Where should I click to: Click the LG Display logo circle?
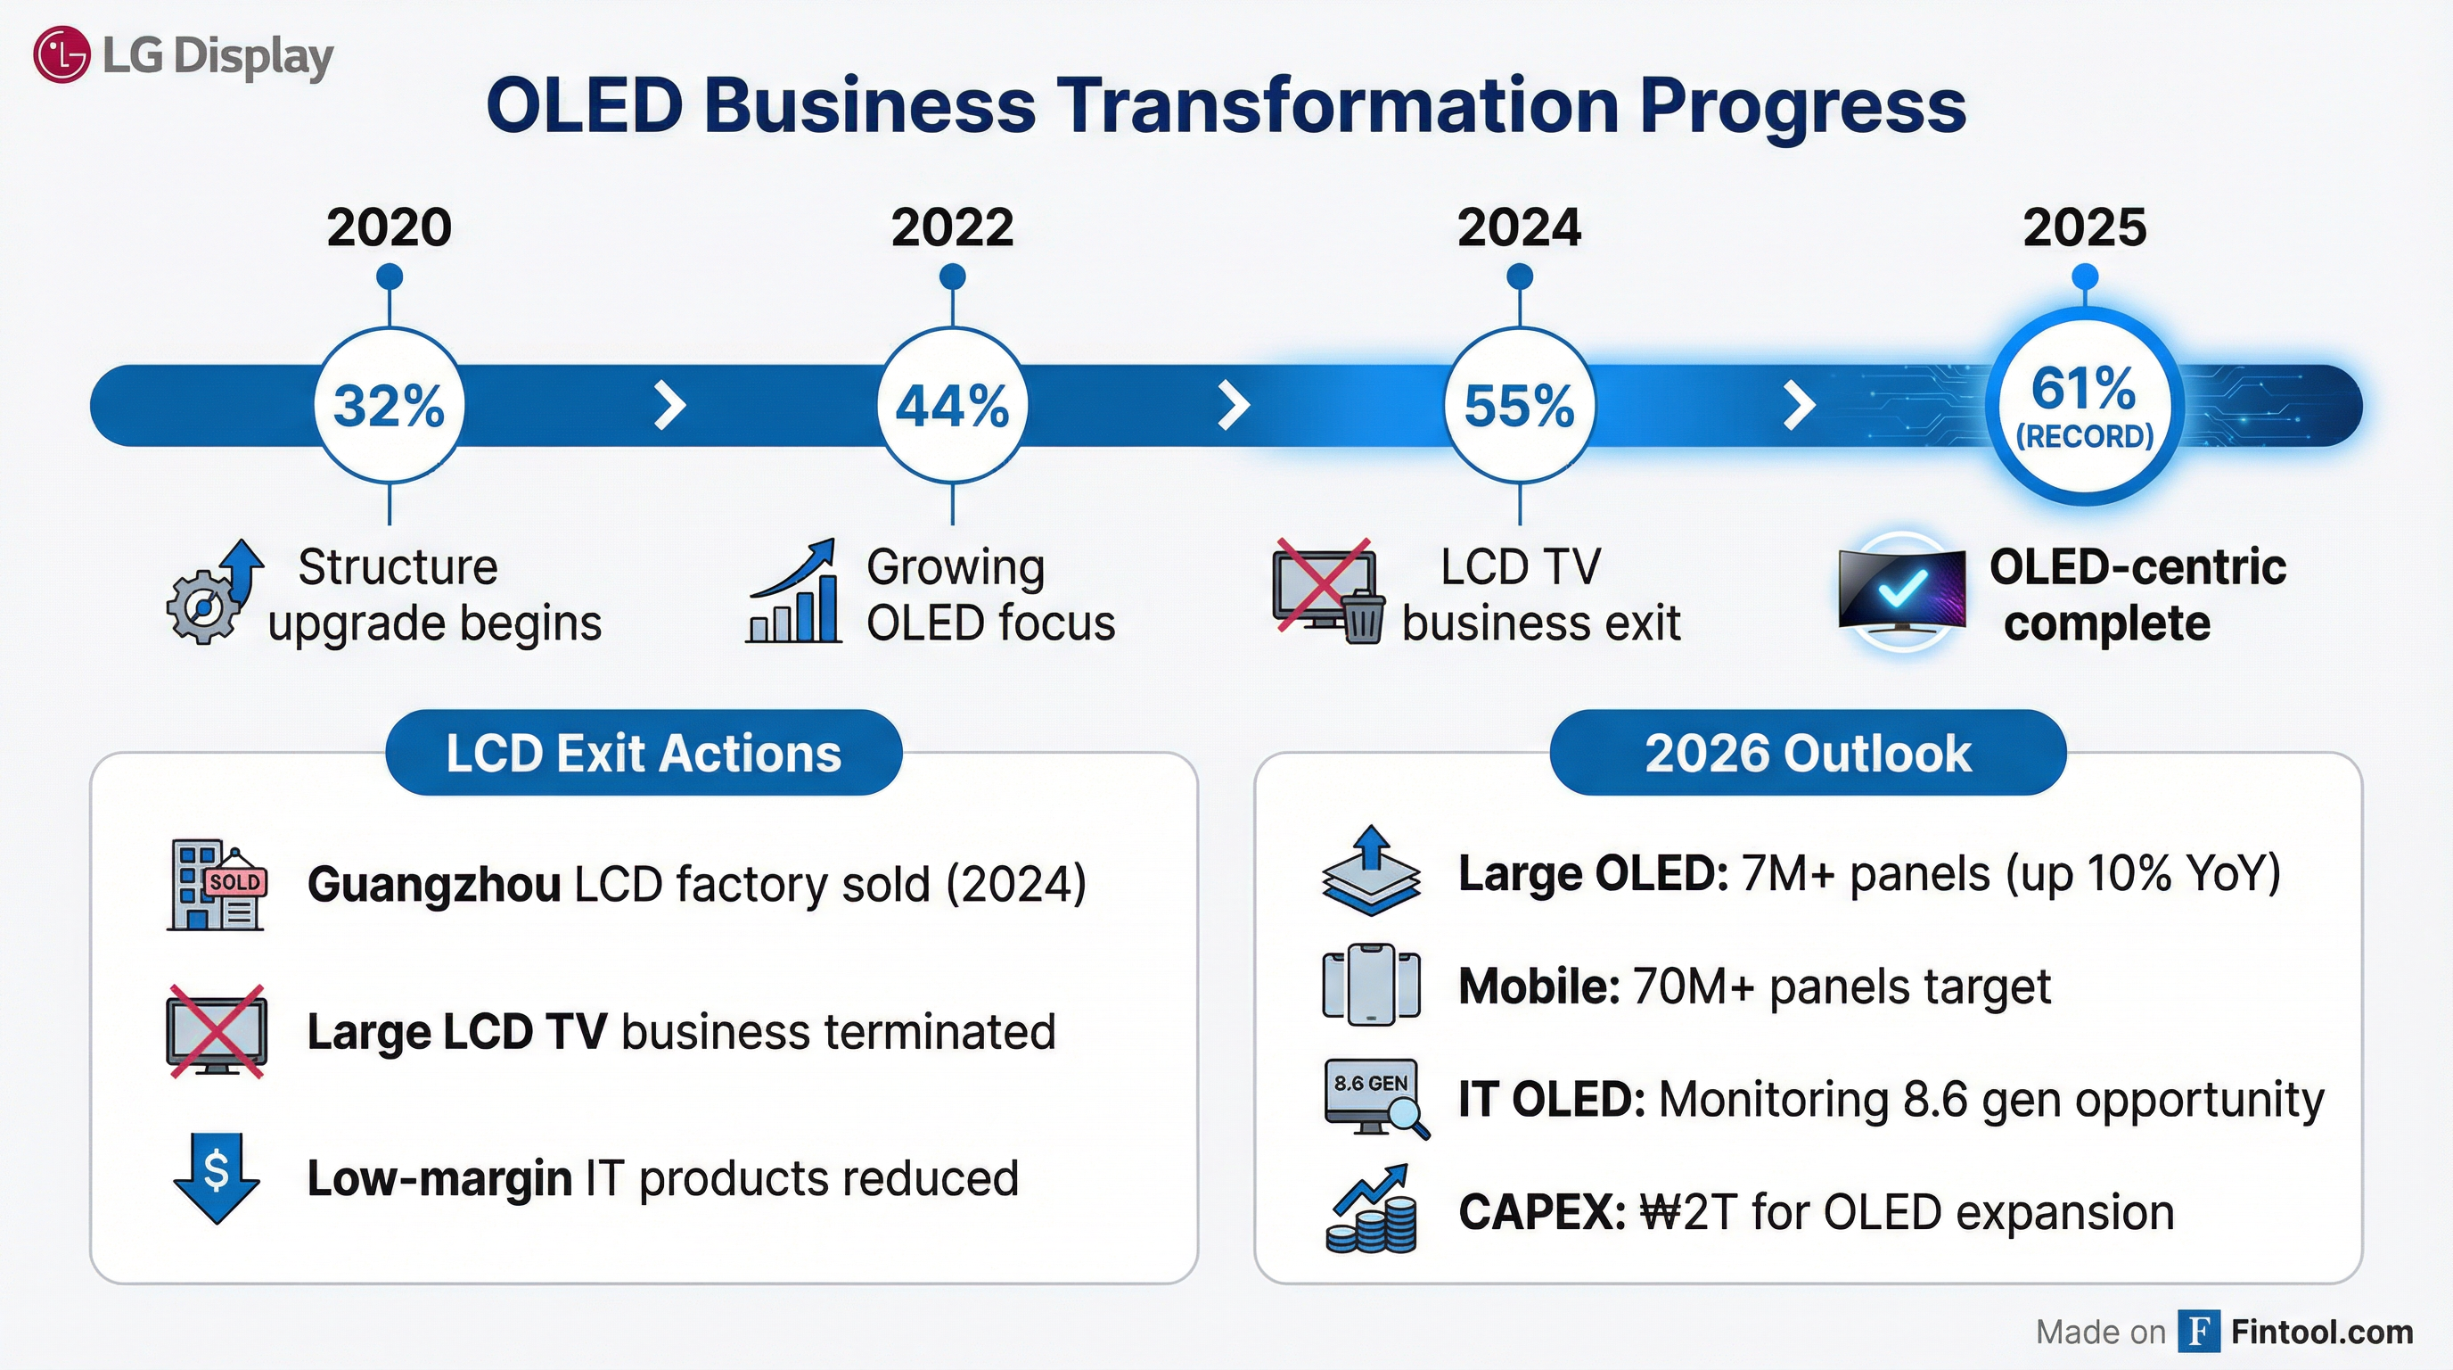(x=62, y=54)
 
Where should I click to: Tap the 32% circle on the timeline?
(x=389, y=406)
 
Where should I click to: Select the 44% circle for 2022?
(x=952, y=406)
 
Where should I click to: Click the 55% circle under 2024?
(x=1519, y=406)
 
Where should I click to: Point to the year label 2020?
(x=389, y=227)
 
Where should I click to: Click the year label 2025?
(x=2085, y=227)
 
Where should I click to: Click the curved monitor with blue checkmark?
(x=1900, y=591)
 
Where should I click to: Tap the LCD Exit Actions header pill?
(x=644, y=753)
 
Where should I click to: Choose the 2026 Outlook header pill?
(x=1808, y=753)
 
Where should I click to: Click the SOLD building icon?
(x=217, y=885)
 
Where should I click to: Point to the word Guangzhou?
(x=434, y=885)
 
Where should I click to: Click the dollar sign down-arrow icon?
(x=217, y=1177)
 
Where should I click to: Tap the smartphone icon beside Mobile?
(x=1371, y=985)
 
